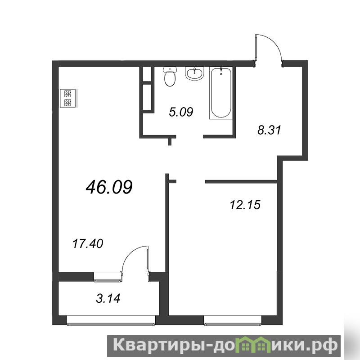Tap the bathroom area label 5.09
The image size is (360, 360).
pos(181,112)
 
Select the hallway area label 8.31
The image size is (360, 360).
pos(269,130)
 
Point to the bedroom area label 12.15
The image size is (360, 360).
pos(245,205)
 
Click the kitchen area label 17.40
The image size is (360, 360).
pos(88,243)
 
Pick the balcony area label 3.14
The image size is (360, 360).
pos(108,298)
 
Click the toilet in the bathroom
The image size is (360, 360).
pos(170,76)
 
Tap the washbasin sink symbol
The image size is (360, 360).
pos(194,74)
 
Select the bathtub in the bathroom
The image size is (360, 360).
pos(221,93)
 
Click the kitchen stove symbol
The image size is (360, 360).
pos(69,98)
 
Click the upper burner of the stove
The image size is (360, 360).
pos(67,94)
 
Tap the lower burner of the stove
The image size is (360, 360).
pos(67,103)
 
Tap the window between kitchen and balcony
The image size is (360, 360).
pos(108,276)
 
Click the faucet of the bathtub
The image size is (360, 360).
pos(221,71)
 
